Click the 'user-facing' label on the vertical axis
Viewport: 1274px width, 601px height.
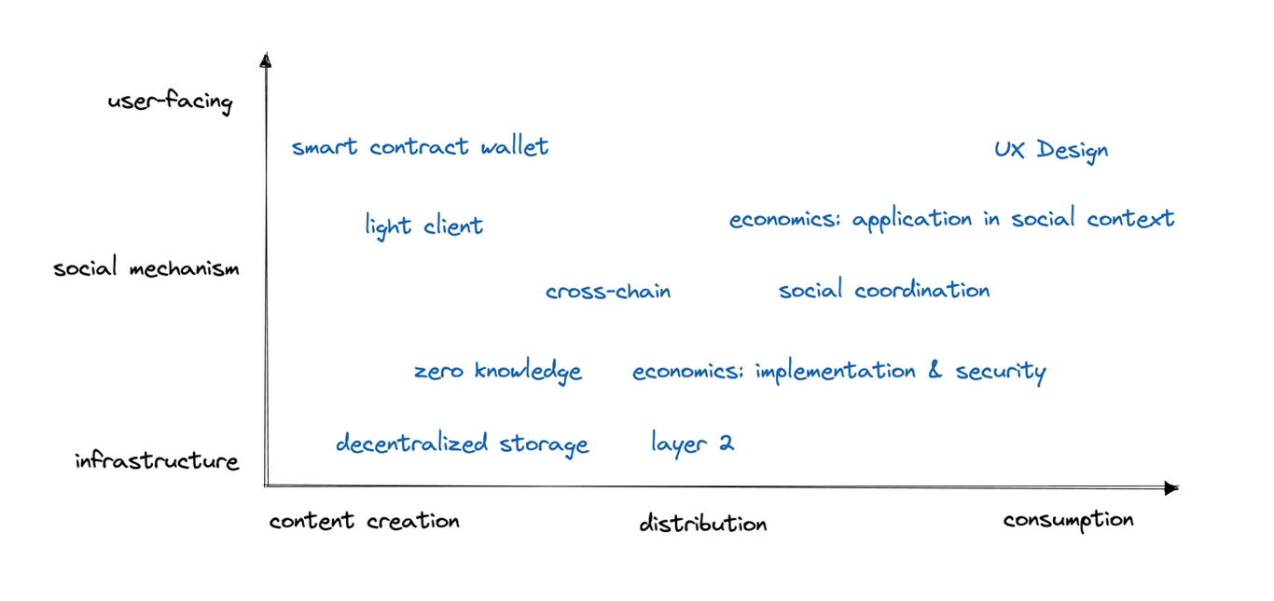click(x=170, y=102)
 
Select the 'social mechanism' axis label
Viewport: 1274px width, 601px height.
click(x=146, y=267)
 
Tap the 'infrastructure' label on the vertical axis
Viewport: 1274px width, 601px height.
click(x=157, y=460)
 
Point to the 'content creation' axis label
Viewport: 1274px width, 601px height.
click(x=364, y=520)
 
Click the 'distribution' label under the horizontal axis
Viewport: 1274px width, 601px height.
click(x=703, y=523)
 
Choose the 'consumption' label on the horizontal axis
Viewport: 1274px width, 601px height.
click(x=1068, y=520)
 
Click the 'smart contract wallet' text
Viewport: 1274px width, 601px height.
click(x=420, y=146)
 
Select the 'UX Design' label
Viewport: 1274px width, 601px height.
click(x=1051, y=150)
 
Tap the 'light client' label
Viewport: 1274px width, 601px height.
click(x=423, y=226)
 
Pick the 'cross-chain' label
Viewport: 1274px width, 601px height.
click(x=608, y=291)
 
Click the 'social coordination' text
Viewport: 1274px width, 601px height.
click(x=884, y=289)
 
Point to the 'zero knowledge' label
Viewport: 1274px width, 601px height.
click(x=498, y=372)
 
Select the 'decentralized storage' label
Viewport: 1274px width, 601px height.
click(x=462, y=444)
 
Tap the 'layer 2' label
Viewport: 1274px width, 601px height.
click(x=692, y=443)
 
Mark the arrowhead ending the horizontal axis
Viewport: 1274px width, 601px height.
click(x=1171, y=488)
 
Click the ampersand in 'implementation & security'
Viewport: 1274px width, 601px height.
click(x=935, y=370)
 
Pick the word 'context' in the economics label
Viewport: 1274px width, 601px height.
click(x=1130, y=219)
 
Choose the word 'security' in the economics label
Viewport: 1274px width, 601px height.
click(x=1001, y=372)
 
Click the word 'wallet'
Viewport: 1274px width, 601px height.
click(x=514, y=146)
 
